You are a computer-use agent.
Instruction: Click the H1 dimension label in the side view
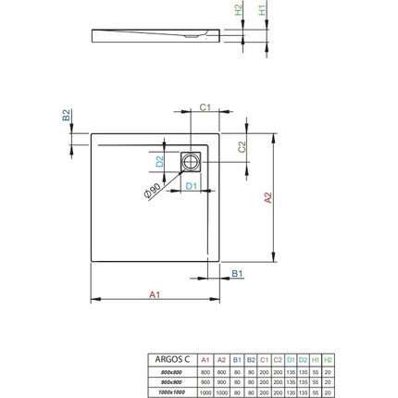(x=262, y=10)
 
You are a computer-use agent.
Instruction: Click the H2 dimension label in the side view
(x=239, y=10)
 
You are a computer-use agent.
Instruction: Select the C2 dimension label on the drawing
(x=242, y=147)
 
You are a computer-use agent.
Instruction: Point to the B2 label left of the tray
(x=66, y=117)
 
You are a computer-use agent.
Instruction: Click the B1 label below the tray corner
(x=237, y=274)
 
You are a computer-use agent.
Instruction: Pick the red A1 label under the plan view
(x=155, y=294)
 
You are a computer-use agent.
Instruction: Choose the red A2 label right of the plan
(x=267, y=197)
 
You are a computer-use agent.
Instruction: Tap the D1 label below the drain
(x=191, y=186)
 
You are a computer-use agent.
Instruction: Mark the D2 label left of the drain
(x=159, y=161)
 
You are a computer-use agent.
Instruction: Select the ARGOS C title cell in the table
(x=172, y=357)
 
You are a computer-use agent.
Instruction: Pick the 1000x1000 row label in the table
(x=172, y=390)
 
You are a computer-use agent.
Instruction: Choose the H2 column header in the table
(x=327, y=357)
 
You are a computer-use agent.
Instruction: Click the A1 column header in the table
(x=205, y=357)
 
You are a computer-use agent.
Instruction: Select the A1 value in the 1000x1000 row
(x=205, y=390)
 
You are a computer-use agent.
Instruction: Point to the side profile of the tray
(x=157, y=35)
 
